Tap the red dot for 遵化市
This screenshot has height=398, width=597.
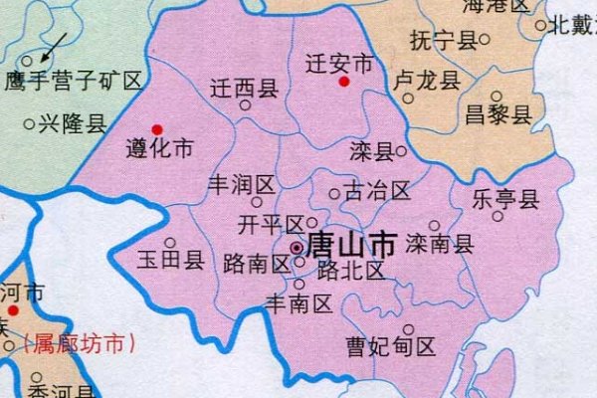(157, 129)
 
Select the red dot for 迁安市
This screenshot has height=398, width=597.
(343, 82)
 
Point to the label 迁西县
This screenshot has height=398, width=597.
(244, 88)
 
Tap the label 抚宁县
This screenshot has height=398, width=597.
(444, 40)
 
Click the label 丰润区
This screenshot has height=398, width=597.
(240, 185)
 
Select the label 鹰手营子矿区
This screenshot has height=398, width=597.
(75, 81)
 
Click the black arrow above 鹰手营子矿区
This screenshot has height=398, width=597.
(55, 44)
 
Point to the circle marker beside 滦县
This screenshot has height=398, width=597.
(401, 152)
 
